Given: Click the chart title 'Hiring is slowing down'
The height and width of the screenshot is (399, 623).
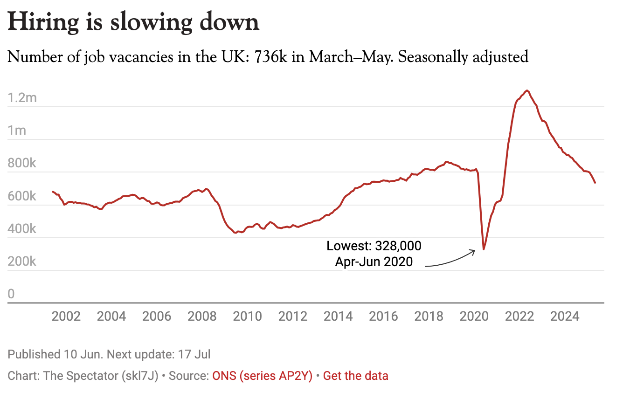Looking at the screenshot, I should coord(133,22).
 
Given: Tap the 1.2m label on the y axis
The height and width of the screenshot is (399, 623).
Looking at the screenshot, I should coord(22,98).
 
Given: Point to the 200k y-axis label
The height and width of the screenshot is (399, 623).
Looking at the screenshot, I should coord(22,261).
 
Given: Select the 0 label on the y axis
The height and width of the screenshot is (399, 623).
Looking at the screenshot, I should coord(11,294).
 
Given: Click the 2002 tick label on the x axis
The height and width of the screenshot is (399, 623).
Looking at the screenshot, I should coord(66,316).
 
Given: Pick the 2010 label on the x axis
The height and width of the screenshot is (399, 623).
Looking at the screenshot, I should coord(248,316).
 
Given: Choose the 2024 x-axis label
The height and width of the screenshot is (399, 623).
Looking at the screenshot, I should coord(565,316).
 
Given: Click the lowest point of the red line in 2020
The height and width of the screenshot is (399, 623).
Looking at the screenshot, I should coord(484,249).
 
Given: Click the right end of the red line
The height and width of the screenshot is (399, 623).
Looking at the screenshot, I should coord(595,183).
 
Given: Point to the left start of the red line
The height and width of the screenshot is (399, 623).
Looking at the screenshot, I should coord(53,192).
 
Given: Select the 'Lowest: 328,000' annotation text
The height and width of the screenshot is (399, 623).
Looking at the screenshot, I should coord(374,246).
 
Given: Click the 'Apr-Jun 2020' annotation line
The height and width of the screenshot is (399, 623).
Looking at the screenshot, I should coord(374,261).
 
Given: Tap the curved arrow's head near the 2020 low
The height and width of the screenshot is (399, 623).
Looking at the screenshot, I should coord(474,251).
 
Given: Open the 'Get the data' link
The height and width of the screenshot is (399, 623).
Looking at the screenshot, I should coord(355,375).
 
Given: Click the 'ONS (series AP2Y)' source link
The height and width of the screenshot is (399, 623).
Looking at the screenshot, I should coord(262,375).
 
